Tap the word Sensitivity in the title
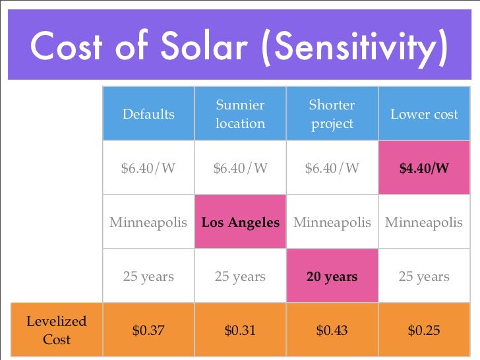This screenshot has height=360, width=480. point(356,47)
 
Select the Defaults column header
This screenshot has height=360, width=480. point(148,114)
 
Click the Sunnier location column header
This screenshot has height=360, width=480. point(240,114)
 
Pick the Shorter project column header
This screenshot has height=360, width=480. point(332,114)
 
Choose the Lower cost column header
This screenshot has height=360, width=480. point(424,114)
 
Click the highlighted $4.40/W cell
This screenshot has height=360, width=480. point(424,168)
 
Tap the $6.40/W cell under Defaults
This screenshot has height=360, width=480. point(148,168)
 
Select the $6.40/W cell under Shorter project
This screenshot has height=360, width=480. point(332,168)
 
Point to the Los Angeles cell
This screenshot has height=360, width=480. point(240,222)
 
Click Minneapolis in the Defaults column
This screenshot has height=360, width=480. point(148,222)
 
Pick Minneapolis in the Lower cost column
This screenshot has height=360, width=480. point(424,222)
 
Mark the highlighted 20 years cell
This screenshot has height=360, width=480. point(332,276)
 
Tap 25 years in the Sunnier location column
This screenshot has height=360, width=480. point(240,276)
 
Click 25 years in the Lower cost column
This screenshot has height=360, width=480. point(424,276)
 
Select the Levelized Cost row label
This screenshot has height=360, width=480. point(56,330)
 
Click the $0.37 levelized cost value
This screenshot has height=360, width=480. point(148,330)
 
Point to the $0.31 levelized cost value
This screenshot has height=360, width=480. point(240,330)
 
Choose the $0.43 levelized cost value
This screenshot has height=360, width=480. point(332,330)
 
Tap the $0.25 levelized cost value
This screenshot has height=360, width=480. point(424,330)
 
